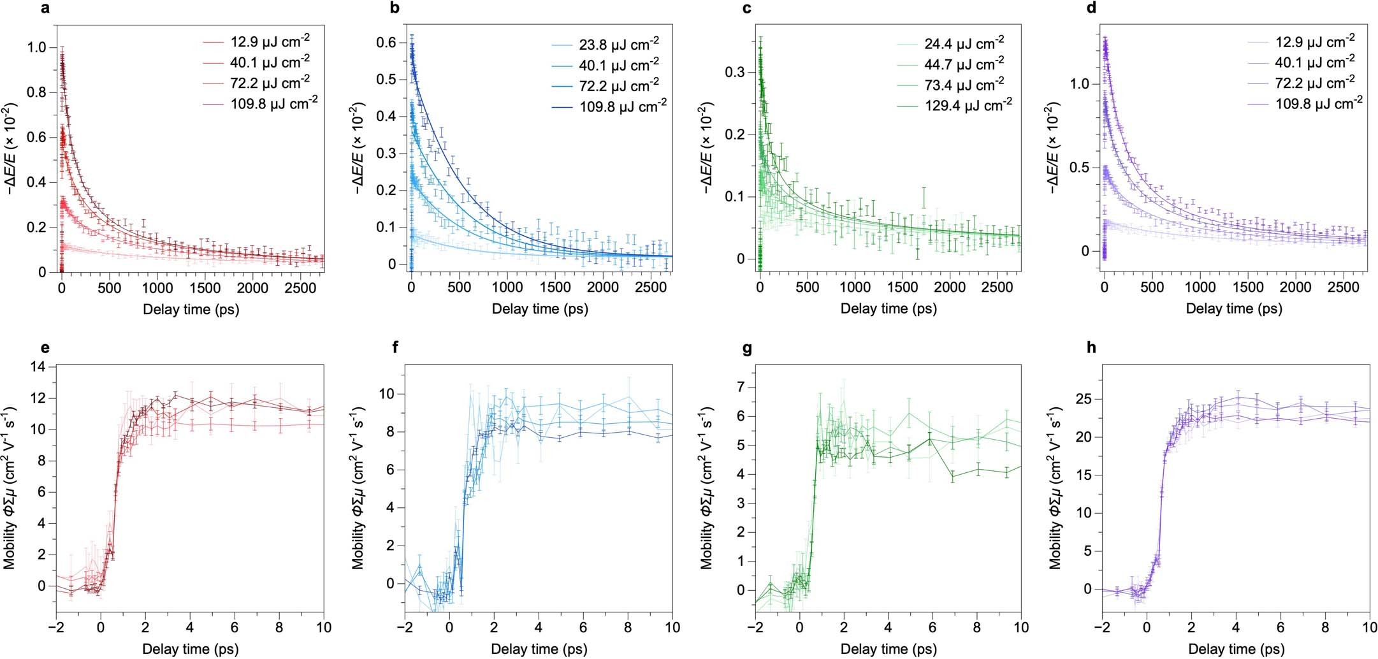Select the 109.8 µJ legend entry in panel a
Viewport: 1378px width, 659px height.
274,103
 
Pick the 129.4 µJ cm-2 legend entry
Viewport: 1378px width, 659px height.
968,105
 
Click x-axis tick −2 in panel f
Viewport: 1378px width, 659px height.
405,628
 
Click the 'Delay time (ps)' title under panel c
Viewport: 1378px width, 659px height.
888,309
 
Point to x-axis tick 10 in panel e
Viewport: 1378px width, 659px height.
324,628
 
